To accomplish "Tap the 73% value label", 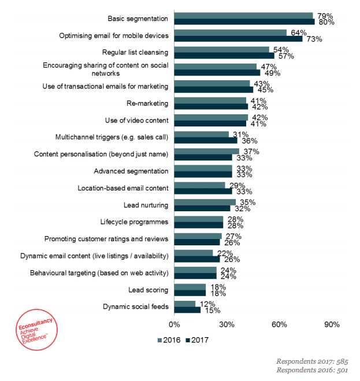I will click(314, 39).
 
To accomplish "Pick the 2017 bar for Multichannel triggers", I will click(205, 140).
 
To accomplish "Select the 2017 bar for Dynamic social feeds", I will click(187, 310).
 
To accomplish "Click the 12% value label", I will click(207, 304).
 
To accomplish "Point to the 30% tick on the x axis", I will click(227, 324).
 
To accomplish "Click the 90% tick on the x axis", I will click(332, 324).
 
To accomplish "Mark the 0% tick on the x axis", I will click(174, 324).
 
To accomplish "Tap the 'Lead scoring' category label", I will click(149, 290).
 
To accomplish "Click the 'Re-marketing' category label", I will click(147, 103).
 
